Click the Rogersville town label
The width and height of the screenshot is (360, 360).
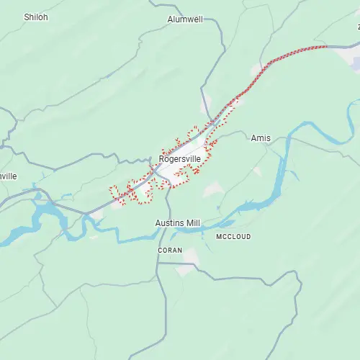point(180,158)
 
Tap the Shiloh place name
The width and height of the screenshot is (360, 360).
point(36,17)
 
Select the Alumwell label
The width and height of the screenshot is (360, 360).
point(185,19)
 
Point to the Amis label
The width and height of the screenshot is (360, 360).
point(261,138)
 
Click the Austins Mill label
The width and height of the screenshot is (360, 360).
point(178,223)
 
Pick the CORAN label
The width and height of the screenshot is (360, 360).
point(171,250)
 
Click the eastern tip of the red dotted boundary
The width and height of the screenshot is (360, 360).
point(326,47)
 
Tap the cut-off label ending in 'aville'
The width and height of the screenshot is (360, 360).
point(8,176)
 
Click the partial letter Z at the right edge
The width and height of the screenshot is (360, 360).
point(358,27)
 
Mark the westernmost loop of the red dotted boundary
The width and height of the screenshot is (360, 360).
point(112,191)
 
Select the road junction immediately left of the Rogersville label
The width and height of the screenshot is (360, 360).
point(152,167)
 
